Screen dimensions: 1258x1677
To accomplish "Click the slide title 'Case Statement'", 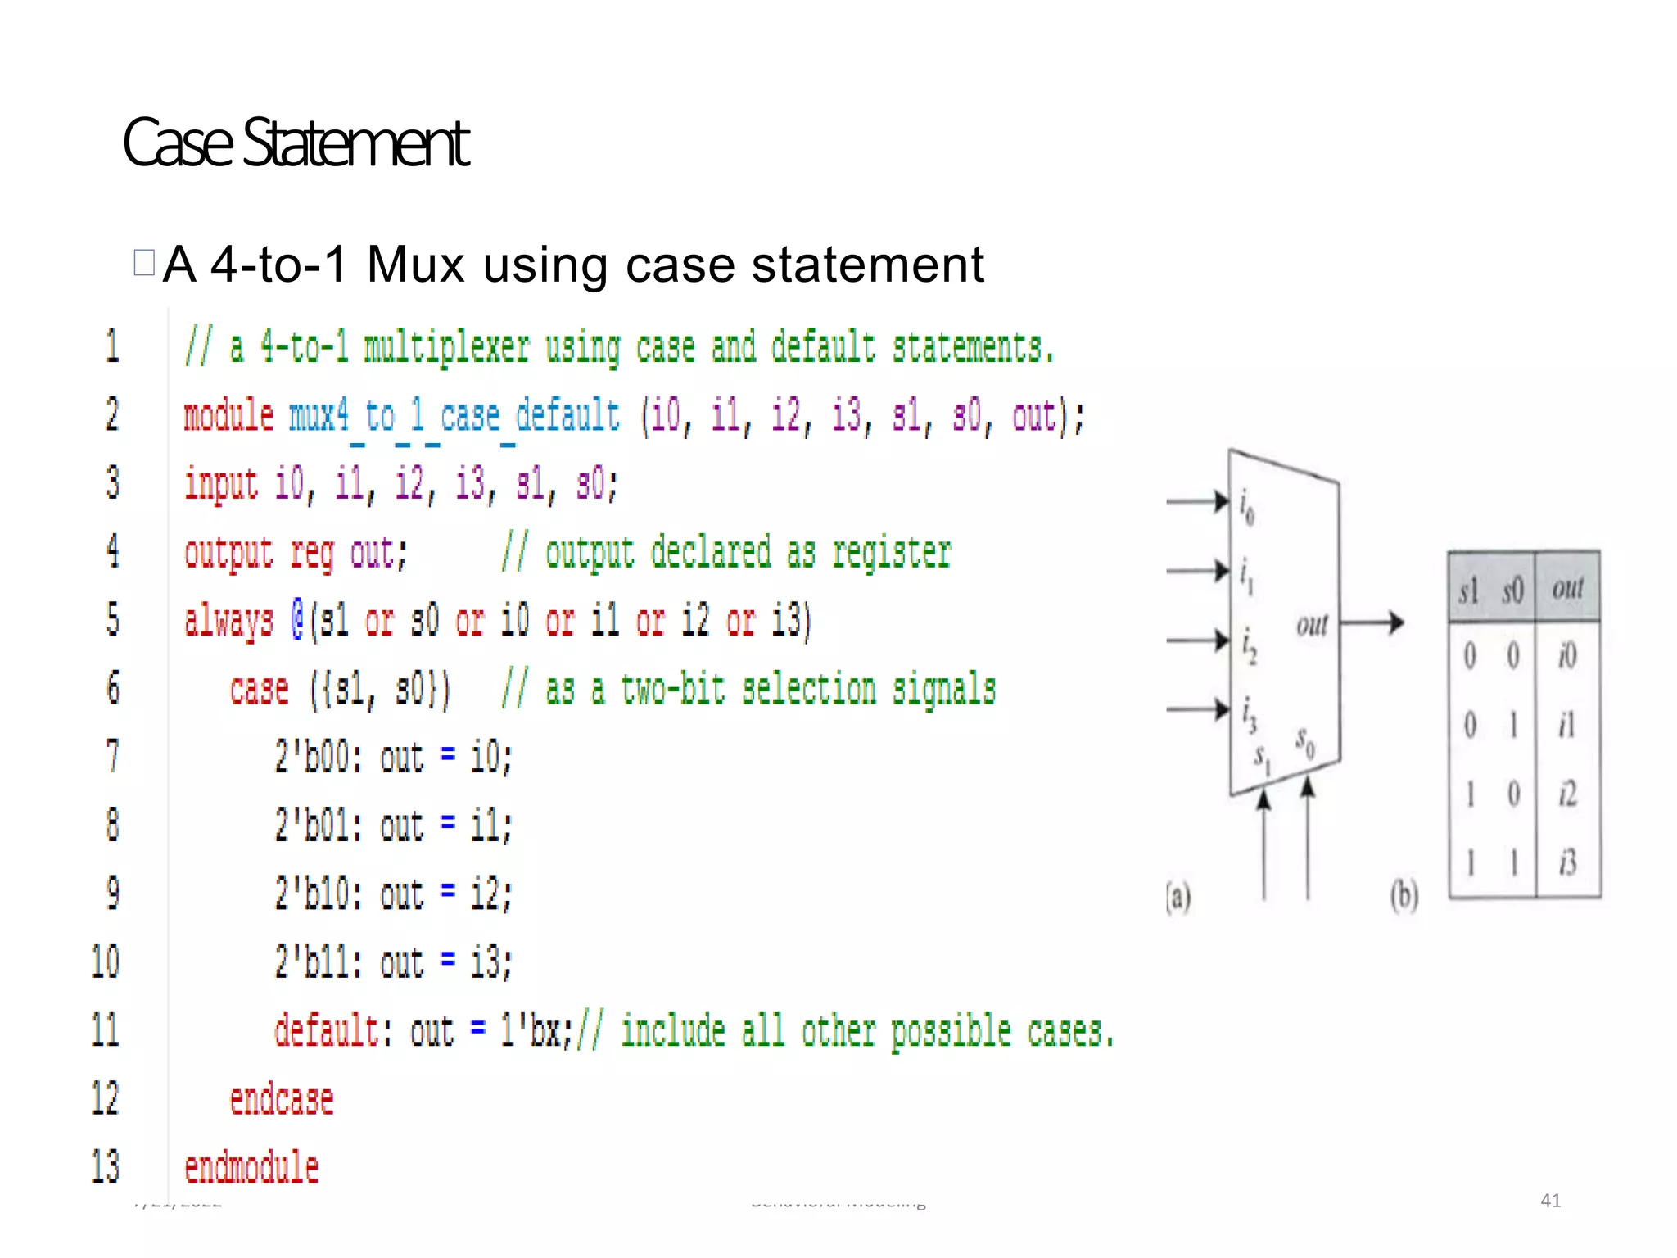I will tap(296, 143).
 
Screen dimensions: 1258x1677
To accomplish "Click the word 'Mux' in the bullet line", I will tap(415, 265).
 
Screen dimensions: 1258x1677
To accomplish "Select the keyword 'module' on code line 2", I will tap(228, 415).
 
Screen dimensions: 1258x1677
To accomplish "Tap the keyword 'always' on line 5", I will tap(228, 621).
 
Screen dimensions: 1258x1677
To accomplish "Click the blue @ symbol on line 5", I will tap(298, 620).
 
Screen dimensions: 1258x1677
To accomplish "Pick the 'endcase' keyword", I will tap(282, 1100).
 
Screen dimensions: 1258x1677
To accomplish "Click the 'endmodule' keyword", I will tap(251, 1168).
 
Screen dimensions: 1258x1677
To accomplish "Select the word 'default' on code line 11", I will tap(326, 1031).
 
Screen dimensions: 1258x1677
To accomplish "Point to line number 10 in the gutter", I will tap(105, 962).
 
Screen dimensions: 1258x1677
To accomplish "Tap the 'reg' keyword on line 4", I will tap(312, 554).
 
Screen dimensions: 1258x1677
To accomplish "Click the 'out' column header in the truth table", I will tap(1567, 588).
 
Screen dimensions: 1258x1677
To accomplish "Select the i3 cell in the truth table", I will tap(1567, 862).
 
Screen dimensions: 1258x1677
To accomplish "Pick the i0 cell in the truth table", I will tap(1567, 656).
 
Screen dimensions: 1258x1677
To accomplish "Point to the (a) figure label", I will tap(1178, 897).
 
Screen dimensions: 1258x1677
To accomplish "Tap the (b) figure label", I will tap(1404, 895).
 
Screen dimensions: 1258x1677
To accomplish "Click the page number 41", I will tap(1551, 1201).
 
